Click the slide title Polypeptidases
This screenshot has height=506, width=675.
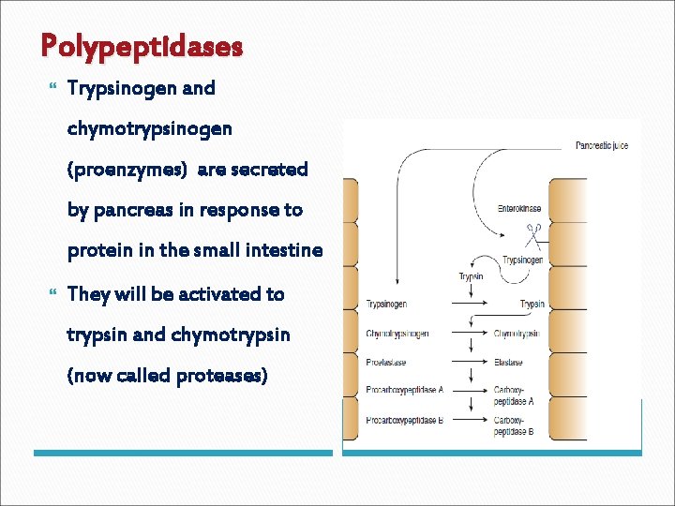(142, 45)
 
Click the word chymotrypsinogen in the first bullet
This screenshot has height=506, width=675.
(150, 128)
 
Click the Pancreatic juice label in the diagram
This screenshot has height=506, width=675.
(603, 145)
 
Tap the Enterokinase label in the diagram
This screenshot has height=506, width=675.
(518, 209)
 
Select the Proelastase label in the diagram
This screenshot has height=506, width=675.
(386, 363)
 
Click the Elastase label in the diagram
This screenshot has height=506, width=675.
(508, 363)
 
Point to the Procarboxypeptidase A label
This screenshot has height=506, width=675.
(405, 390)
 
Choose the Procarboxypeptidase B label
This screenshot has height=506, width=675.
(405, 420)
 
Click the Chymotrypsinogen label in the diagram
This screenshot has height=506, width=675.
(398, 334)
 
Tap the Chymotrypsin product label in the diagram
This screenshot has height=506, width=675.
(517, 334)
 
